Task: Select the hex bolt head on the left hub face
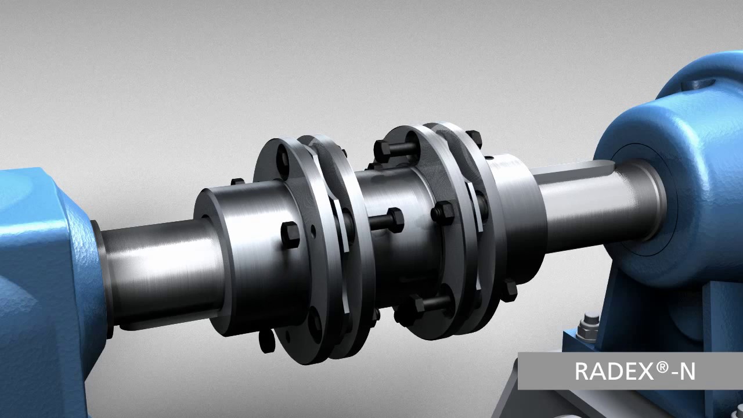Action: tap(291, 233)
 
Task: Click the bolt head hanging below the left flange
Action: tap(266, 342)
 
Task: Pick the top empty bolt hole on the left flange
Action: tap(283, 157)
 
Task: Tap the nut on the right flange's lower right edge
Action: tap(509, 289)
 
